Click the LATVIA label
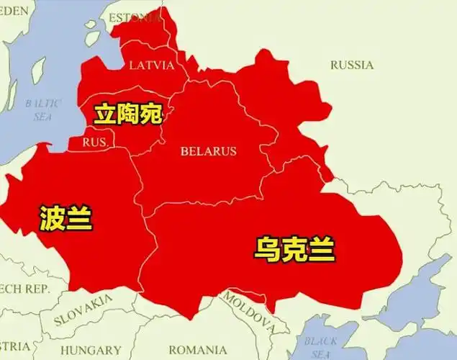click(151, 66)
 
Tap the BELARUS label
click(208, 151)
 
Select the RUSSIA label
click(352, 65)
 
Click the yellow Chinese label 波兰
click(66, 216)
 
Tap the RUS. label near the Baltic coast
click(95, 143)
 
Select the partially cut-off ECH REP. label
click(24, 289)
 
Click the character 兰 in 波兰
click(80, 216)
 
